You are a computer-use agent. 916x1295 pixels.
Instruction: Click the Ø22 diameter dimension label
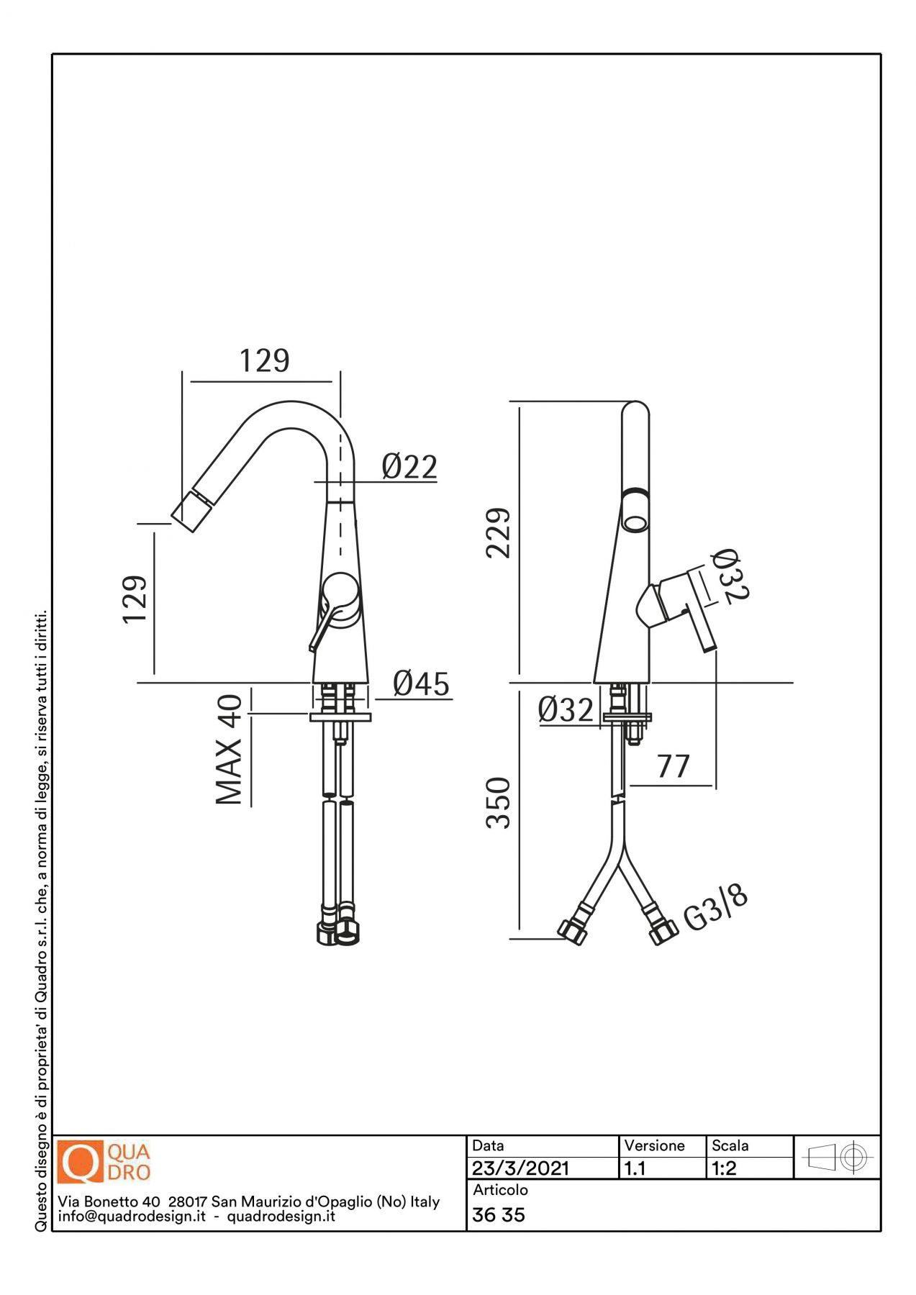(409, 467)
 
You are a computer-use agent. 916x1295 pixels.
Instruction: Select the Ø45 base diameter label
(422, 683)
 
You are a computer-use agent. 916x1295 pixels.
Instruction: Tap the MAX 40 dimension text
(230, 750)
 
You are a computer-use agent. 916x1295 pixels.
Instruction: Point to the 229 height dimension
(498, 533)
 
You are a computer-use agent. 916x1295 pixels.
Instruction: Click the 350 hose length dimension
(498, 803)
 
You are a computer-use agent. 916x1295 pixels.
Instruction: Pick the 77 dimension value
(674, 766)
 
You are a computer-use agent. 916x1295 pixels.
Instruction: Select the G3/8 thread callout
(715, 908)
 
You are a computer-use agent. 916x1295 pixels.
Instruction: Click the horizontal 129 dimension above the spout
(264, 360)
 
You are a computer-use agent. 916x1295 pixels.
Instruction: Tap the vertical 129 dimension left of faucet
(135, 599)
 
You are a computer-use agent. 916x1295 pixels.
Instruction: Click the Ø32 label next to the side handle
(730, 576)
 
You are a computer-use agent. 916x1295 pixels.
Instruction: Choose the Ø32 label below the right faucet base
(566, 710)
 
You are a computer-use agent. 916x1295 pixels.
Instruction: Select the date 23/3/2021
(520, 1168)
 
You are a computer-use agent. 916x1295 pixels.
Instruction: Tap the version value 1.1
(635, 1168)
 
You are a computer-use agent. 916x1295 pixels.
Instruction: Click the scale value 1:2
(724, 1168)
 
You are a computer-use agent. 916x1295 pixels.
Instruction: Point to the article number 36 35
(499, 1215)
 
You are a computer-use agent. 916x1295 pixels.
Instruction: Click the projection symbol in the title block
(837, 1158)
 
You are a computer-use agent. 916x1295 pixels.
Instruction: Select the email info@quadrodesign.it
(132, 1217)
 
